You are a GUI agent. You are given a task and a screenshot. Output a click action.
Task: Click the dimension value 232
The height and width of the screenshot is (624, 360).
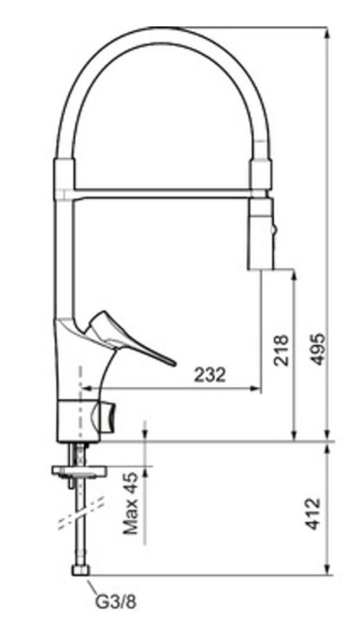(x=209, y=374)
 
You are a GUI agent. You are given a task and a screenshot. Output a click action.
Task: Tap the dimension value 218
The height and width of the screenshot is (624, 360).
(x=281, y=350)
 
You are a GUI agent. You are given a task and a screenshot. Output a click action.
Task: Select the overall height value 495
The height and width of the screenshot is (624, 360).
(x=317, y=349)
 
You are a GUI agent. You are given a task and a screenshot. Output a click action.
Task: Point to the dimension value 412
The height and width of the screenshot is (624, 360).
(x=314, y=513)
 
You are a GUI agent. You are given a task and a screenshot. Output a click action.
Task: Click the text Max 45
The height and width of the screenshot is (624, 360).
(x=130, y=503)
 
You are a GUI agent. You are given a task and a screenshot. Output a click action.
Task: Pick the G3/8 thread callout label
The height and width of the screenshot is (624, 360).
(x=116, y=601)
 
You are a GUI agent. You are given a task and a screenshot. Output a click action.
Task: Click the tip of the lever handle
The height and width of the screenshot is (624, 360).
(x=174, y=363)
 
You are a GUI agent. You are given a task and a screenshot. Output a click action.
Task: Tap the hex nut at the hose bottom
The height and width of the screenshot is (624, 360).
(x=81, y=570)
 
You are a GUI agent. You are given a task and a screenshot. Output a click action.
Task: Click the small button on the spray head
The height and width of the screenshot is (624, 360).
(x=274, y=229)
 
